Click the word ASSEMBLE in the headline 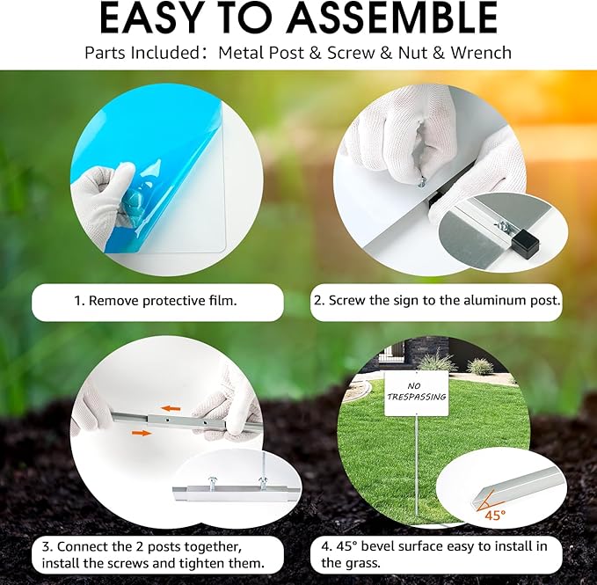392,18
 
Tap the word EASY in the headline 150,18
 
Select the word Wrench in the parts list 481,53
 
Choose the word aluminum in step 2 495,301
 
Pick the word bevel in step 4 376,546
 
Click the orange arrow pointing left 171,409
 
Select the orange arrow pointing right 142,433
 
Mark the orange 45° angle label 495,516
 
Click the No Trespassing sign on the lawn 416,394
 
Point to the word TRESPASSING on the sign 417,397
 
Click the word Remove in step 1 113,301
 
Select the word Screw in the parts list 351,53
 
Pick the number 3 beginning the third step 46,547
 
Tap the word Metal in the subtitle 242,53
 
